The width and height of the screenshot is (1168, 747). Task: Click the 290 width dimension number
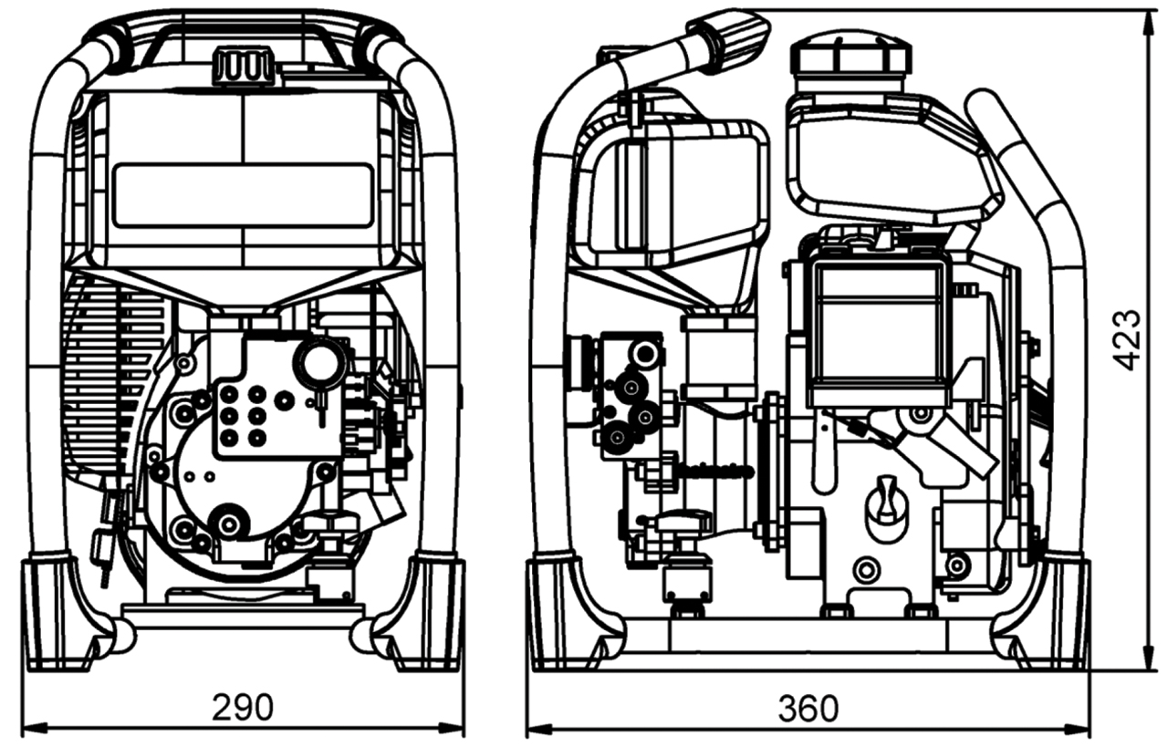coord(243,707)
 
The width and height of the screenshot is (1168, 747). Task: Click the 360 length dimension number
coord(808,709)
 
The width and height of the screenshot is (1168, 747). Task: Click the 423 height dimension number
coord(1126,340)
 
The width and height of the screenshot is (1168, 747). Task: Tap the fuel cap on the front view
coord(244,66)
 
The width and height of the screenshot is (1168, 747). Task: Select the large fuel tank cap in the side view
coord(851,56)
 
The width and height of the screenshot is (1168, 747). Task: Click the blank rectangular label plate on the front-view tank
coord(244,194)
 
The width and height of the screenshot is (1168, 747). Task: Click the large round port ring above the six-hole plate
coord(319,359)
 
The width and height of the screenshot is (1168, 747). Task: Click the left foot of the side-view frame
coord(566,614)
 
